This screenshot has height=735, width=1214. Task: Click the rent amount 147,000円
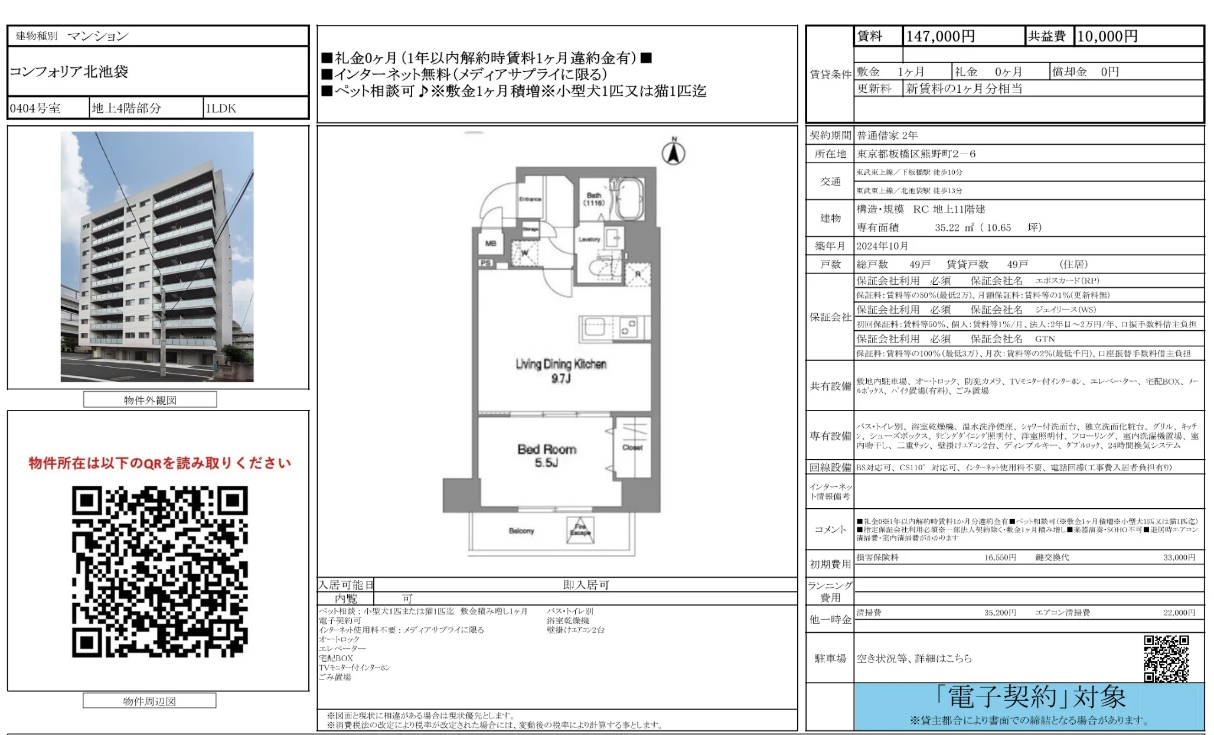[x=940, y=37]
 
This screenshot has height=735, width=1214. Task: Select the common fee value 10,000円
[x=1107, y=37]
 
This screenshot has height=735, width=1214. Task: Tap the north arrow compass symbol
[x=673, y=152]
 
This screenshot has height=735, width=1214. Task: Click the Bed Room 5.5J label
[x=547, y=456]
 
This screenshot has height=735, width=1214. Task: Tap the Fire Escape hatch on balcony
[x=580, y=529]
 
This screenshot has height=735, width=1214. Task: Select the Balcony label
[x=521, y=531]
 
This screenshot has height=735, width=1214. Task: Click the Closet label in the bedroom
[x=632, y=447]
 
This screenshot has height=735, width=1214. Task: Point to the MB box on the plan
[x=491, y=243]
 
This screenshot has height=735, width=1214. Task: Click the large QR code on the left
[x=159, y=571]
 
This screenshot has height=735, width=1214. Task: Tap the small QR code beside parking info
[x=1166, y=658]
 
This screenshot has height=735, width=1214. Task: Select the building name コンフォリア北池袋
[x=69, y=71]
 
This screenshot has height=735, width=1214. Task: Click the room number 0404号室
[x=35, y=108]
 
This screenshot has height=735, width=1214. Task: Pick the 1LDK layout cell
[x=220, y=108]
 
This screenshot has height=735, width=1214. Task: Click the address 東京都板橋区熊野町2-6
[x=916, y=154]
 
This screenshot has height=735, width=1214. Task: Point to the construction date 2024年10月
[x=882, y=246]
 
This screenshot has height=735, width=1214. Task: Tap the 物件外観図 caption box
[x=150, y=400]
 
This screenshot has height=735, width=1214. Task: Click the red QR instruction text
[x=159, y=463]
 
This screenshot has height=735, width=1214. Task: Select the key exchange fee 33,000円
[x=1179, y=557]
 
